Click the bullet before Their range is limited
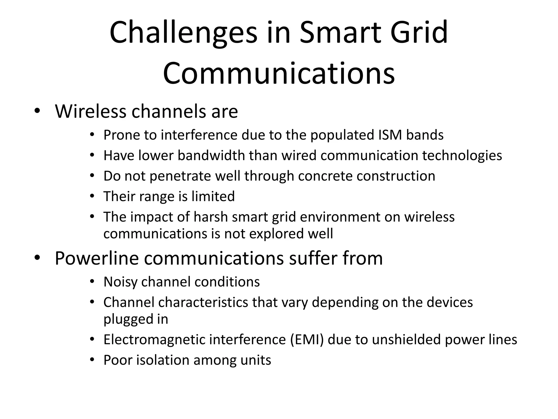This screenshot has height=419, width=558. (92, 196)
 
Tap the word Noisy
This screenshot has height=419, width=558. (120, 282)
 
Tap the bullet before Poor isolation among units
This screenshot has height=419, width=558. (92, 360)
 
